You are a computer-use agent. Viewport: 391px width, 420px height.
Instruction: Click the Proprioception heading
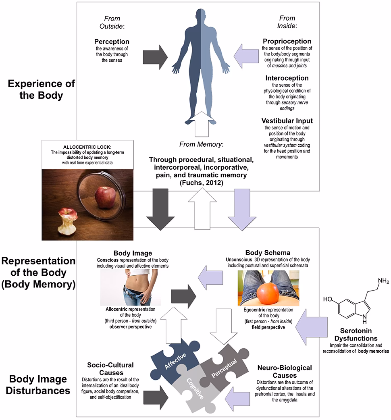[x=287, y=42]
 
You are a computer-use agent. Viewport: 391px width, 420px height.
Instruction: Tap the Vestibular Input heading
[x=287, y=121]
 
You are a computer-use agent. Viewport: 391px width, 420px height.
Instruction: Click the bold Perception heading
[x=112, y=42]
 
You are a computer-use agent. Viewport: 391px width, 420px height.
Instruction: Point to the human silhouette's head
[x=201, y=18]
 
